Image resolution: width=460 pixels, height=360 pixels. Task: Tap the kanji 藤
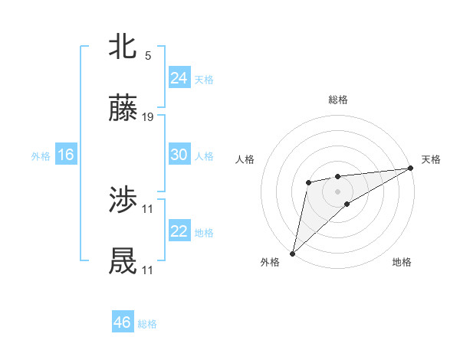click(123, 109)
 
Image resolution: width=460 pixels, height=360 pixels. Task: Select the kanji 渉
click(123, 201)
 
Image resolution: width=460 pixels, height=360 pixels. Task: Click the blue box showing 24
click(179, 78)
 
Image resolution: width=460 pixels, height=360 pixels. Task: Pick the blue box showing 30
click(179, 155)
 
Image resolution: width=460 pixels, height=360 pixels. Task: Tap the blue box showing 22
click(179, 231)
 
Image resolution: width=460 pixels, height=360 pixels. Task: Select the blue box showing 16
click(65, 155)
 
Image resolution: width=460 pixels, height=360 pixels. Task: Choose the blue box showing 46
click(122, 322)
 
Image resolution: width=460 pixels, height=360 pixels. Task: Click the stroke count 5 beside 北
click(148, 55)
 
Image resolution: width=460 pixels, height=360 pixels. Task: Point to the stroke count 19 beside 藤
click(148, 117)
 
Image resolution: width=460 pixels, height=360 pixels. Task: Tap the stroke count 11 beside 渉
click(148, 208)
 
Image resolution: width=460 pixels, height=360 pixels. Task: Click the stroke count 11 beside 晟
click(148, 270)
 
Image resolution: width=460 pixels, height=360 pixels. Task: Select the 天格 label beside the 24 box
click(204, 79)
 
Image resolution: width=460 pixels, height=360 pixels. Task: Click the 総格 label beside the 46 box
click(147, 324)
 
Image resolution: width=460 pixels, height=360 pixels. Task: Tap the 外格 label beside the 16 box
click(41, 155)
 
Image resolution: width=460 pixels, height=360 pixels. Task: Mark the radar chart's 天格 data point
click(410, 169)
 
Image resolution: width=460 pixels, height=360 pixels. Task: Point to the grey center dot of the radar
click(337, 190)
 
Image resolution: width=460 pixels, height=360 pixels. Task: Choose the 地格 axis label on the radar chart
click(402, 262)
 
